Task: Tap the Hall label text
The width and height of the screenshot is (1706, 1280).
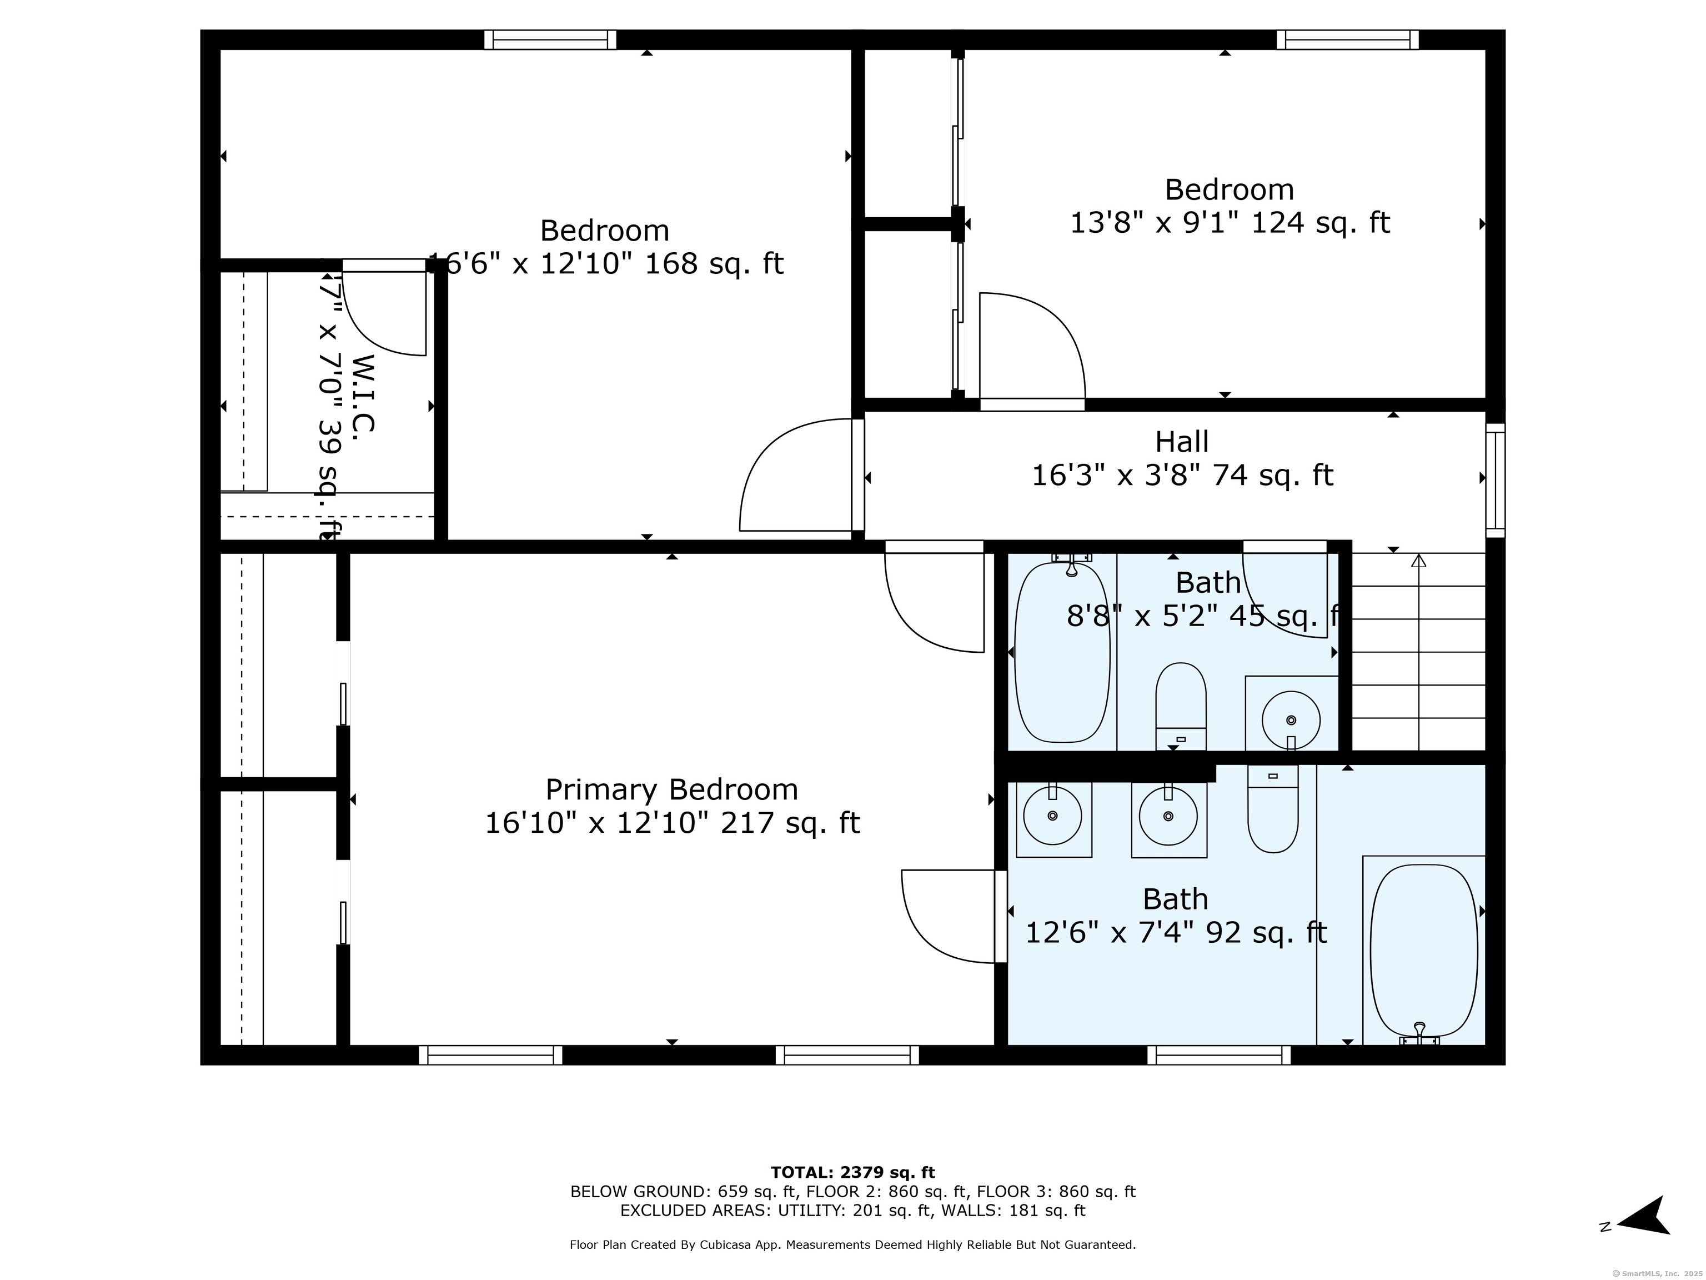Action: [x=1182, y=442]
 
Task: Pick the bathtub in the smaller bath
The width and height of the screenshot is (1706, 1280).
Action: [x=1061, y=652]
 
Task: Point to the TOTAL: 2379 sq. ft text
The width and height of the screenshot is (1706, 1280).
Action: [x=852, y=1173]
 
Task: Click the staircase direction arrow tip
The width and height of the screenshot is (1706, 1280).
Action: [x=1418, y=560]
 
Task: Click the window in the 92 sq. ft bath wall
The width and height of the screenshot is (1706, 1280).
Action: [x=1218, y=1054]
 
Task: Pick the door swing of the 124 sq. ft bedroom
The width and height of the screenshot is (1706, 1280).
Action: [x=1031, y=347]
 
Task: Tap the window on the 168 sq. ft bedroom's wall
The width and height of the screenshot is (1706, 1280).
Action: [x=550, y=39]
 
